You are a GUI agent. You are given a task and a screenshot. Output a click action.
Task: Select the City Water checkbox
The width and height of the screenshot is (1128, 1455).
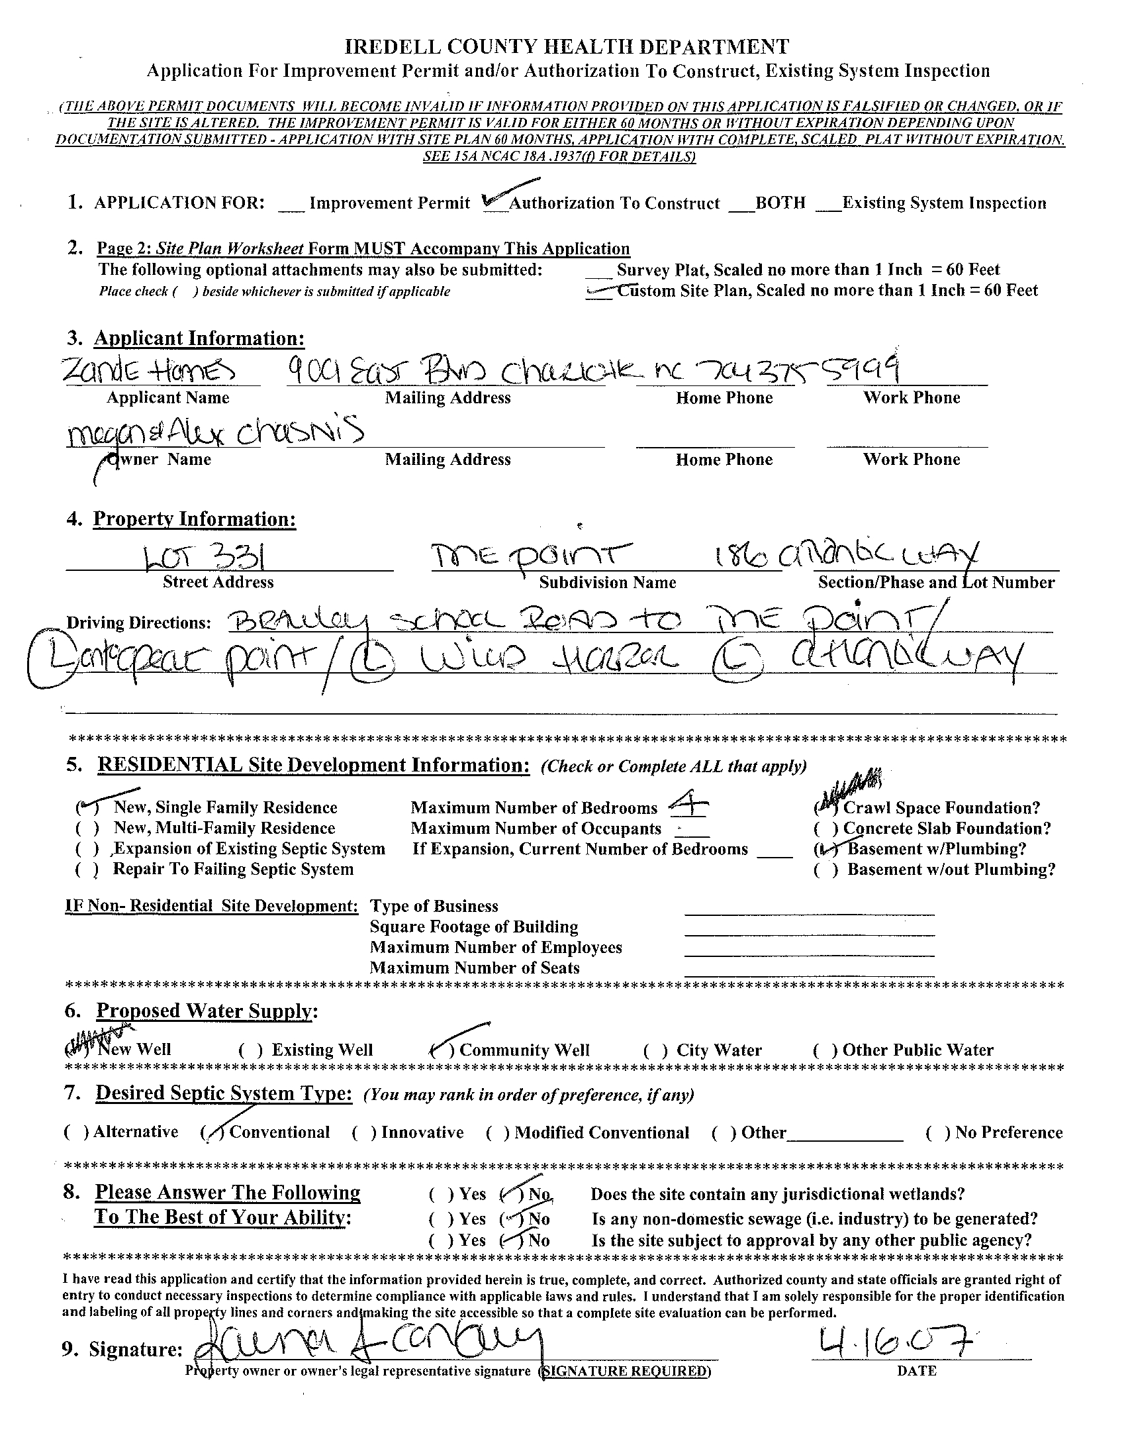[655, 1050]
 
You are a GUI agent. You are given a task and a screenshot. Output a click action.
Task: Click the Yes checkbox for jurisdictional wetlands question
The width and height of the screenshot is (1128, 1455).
[442, 1195]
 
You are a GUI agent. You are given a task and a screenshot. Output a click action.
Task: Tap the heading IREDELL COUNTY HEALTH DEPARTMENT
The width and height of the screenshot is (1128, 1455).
[567, 46]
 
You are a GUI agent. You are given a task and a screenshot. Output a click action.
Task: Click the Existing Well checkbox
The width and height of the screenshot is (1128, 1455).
[250, 1050]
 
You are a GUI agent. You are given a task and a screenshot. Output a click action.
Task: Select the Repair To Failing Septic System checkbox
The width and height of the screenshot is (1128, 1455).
[88, 870]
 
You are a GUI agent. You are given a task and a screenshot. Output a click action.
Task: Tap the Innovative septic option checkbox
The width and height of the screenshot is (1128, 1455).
[363, 1132]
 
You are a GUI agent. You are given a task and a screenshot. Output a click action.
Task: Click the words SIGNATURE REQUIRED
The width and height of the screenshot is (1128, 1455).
[626, 1371]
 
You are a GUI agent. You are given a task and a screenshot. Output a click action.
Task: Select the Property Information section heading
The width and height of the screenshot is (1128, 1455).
[195, 519]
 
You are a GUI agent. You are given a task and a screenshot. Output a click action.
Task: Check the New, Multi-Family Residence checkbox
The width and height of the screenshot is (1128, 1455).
[88, 828]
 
